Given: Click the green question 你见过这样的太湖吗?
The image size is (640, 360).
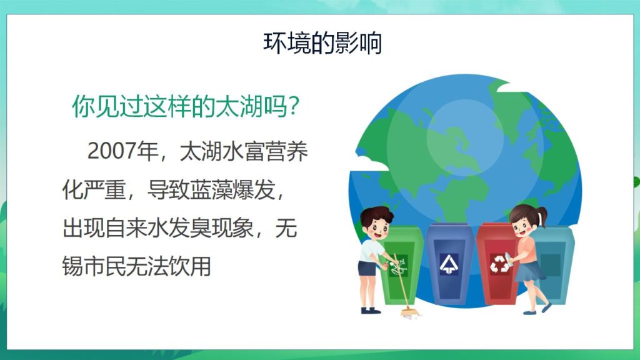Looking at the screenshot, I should (x=188, y=107).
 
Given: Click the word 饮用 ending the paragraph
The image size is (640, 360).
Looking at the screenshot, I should (x=191, y=267).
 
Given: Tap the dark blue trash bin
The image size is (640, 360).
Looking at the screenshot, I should (x=449, y=266).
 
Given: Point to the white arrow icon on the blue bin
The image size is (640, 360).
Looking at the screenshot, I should (x=449, y=263).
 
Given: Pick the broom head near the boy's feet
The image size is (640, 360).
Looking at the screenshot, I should (x=409, y=312).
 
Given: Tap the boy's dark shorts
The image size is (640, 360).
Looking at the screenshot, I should (x=367, y=268).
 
